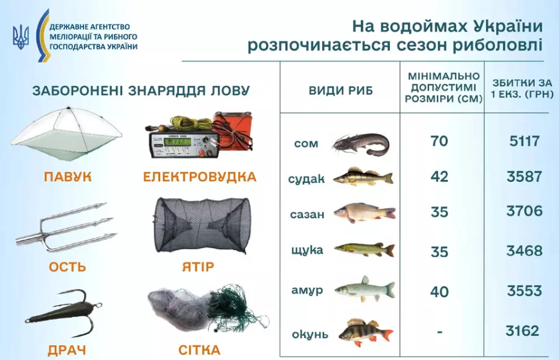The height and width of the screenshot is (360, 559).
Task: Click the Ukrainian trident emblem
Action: pyautogui.click(x=21, y=37)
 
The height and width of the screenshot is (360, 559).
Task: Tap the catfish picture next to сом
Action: pyautogui.click(x=361, y=143)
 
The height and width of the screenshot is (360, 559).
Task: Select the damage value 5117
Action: pyautogui.click(x=524, y=141)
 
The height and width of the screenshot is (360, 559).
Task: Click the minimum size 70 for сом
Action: pyautogui.click(x=439, y=141)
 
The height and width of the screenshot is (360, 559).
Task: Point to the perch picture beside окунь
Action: pyautogui.click(x=366, y=332)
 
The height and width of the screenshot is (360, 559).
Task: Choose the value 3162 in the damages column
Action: pyautogui.click(x=522, y=331)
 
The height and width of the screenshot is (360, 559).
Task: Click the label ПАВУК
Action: pyautogui.click(x=68, y=177)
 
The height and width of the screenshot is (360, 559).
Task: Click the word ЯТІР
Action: pyautogui.click(x=198, y=266)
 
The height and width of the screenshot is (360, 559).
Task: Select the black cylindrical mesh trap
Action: pyautogui.click(x=202, y=225)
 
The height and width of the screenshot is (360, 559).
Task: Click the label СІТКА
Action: pyautogui.click(x=199, y=350)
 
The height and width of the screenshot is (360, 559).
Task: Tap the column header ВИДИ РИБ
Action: pyautogui.click(x=341, y=91)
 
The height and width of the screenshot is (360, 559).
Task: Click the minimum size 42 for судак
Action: pyautogui.click(x=439, y=177)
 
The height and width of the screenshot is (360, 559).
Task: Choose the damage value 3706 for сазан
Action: pyautogui.click(x=525, y=211)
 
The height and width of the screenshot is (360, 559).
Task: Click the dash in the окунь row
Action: pyautogui.click(x=439, y=332)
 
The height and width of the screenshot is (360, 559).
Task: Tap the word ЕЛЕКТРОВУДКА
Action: pyautogui.click(x=199, y=177)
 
